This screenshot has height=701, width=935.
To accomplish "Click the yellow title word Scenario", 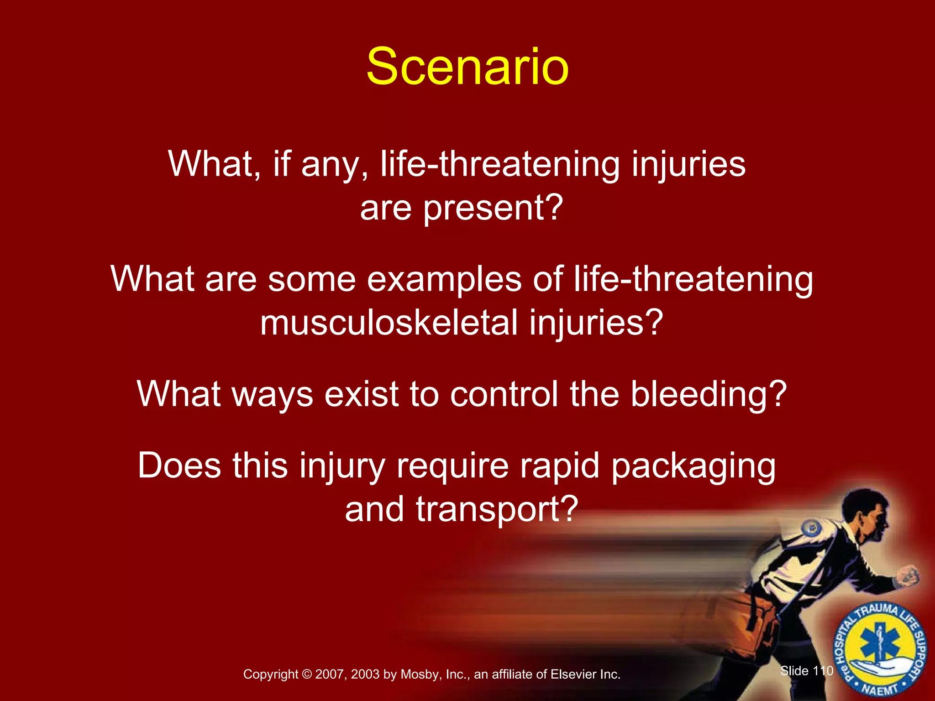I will (467, 68).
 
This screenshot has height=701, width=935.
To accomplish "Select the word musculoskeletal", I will (389, 323).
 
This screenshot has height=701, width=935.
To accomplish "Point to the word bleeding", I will (708, 394).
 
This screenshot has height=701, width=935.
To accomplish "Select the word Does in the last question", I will (179, 466).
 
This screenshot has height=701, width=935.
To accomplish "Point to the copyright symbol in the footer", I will (307, 675).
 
